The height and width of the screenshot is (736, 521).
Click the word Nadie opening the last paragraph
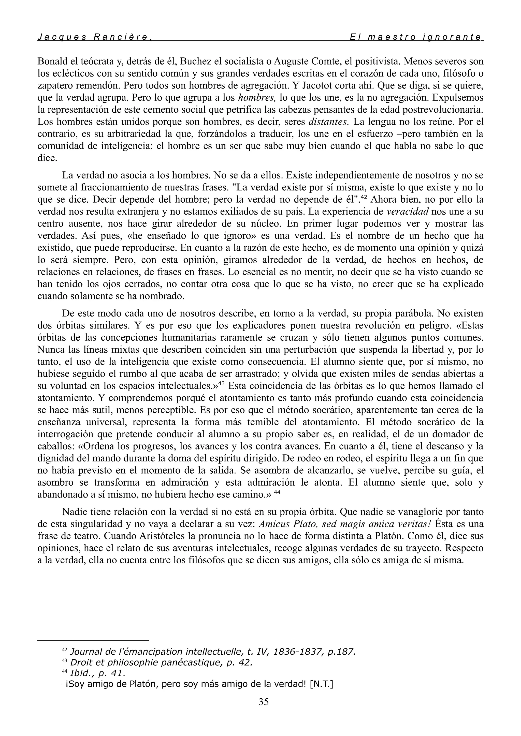pos(74,512)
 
